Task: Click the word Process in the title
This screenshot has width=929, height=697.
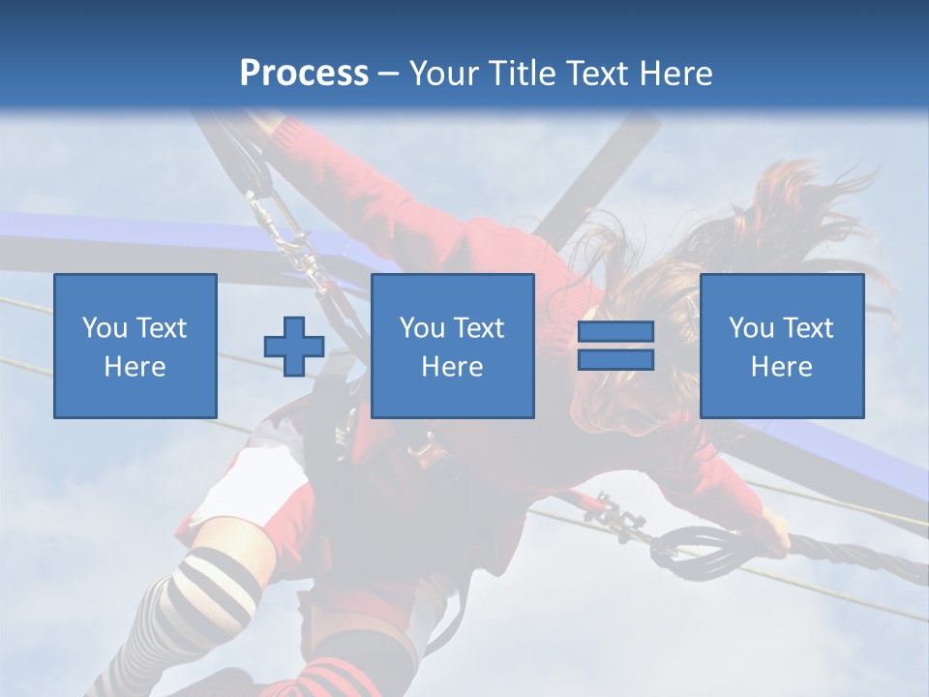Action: tap(304, 74)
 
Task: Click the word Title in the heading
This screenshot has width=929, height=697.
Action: tap(522, 74)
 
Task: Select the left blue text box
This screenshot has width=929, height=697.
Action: tap(135, 346)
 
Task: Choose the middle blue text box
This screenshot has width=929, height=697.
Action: tap(452, 346)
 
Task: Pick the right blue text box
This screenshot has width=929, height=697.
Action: tap(781, 346)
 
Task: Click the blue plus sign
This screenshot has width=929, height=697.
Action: tap(294, 346)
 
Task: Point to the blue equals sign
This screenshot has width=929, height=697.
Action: tap(615, 346)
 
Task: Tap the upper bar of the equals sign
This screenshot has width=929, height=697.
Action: tap(615, 332)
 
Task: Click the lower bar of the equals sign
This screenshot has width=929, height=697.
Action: tap(615, 360)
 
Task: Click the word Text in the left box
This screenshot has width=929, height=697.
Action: tap(162, 328)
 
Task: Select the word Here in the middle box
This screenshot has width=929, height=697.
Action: tap(452, 367)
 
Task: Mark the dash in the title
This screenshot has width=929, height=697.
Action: tap(389, 74)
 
